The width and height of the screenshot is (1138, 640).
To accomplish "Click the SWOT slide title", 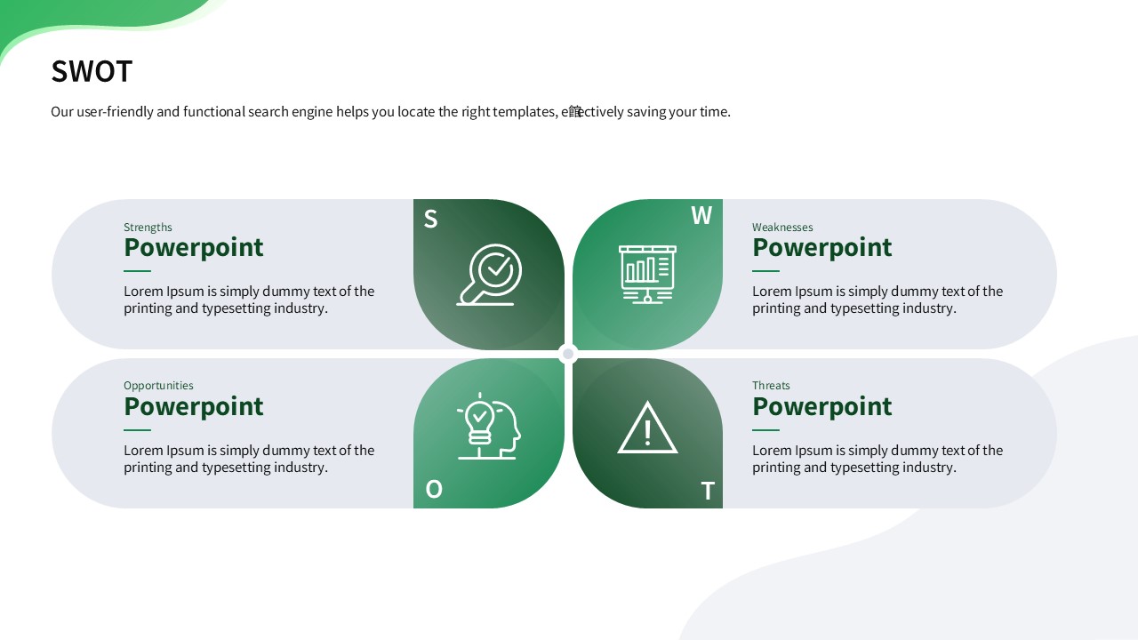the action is [x=92, y=71].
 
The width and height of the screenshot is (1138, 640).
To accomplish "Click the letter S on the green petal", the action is [x=430, y=219].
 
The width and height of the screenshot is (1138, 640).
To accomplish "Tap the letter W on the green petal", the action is [x=701, y=215].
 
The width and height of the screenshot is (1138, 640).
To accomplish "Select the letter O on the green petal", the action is [x=434, y=489].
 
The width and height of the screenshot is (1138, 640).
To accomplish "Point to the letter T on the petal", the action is [x=708, y=492].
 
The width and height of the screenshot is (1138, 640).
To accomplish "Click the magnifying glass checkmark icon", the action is [x=489, y=275].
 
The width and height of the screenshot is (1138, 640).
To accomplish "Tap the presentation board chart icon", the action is [x=647, y=275].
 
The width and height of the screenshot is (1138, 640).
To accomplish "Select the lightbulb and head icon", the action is [x=489, y=426].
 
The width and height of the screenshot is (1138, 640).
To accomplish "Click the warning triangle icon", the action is [x=647, y=428].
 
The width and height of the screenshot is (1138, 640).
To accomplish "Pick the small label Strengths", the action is [x=148, y=227].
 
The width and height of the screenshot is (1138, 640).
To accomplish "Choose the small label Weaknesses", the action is [x=782, y=227].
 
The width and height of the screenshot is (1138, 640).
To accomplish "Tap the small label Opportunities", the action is [x=158, y=386].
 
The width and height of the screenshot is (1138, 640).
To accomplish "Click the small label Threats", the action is [x=771, y=386].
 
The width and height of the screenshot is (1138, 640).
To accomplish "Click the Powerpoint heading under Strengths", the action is [x=194, y=248].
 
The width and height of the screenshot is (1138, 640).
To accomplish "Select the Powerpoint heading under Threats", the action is [x=822, y=406].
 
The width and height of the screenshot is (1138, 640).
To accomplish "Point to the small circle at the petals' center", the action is [x=568, y=354].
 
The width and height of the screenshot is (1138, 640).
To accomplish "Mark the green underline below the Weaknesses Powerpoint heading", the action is [x=765, y=271].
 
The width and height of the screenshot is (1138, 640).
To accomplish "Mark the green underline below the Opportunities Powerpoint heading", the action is [x=137, y=430].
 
